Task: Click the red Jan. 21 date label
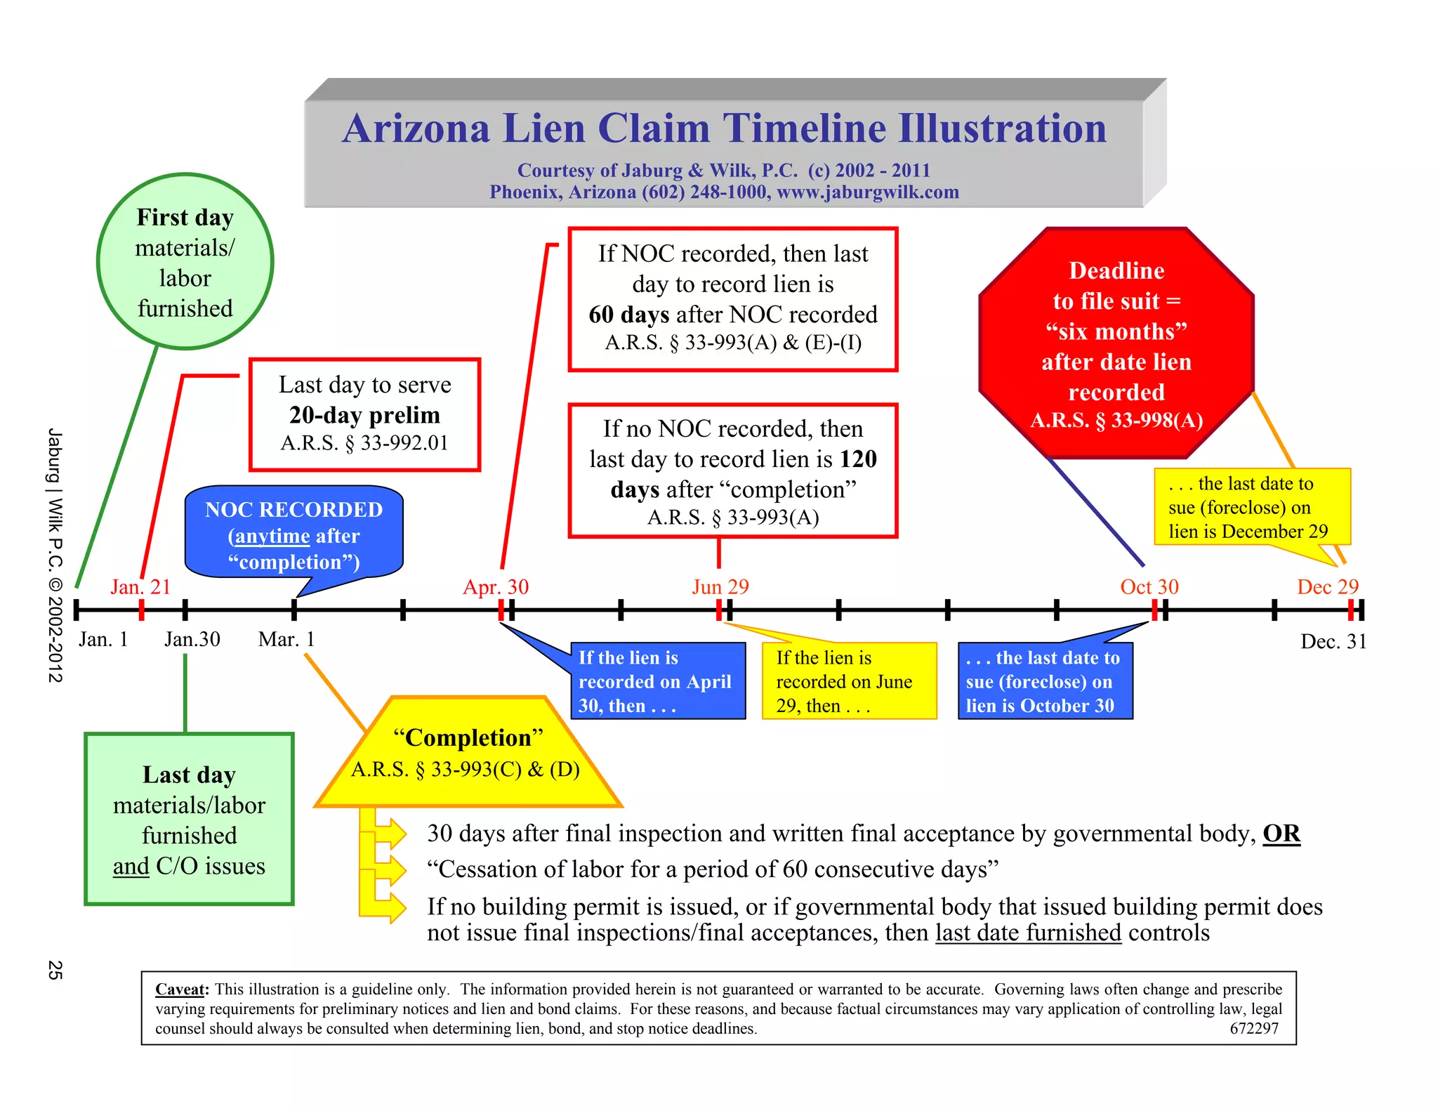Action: (x=140, y=586)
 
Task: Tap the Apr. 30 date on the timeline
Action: (x=496, y=586)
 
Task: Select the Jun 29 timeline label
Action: (x=720, y=586)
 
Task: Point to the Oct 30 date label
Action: (x=1149, y=586)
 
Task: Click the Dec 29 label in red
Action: (x=1328, y=586)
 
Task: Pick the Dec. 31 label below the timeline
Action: (x=1333, y=641)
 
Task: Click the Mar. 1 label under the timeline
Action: (x=286, y=639)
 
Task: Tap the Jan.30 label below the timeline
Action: (x=192, y=639)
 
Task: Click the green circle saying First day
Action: (x=185, y=262)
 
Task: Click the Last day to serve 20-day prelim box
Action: (x=364, y=414)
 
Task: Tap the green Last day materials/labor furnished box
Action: (x=189, y=820)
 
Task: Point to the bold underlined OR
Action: (x=1281, y=834)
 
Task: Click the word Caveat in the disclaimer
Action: (x=181, y=990)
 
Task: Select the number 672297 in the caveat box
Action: (x=1254, y=1029)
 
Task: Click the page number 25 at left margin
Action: (x=55, y=970)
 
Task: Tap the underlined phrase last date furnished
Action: (x=1028, y=933)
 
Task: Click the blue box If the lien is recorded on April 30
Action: (x=657, y=681)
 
